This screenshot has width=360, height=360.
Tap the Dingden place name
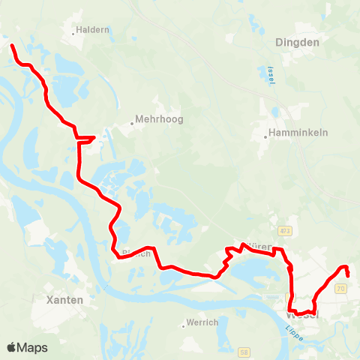[298, 43]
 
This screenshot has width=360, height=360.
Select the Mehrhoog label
[159, 118]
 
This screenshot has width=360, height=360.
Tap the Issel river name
[271, 74]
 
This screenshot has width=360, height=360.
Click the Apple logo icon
[11, 346]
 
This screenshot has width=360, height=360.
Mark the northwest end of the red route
[12, 46]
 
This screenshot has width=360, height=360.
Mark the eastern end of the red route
[348, 275]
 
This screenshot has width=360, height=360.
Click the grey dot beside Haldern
[74, 32]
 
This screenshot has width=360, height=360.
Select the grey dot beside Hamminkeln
[266, 136]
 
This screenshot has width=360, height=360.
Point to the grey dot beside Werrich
[184, 325]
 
